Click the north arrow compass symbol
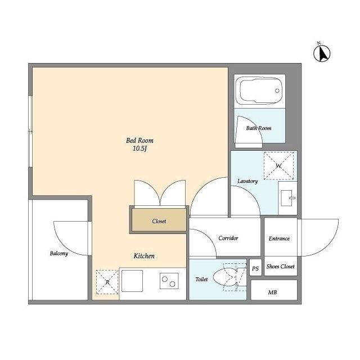click(x=322, y=53)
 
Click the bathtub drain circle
click(x=277, y=91)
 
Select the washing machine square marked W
click(x=279, y=165)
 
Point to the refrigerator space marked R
click(x=107, y=282)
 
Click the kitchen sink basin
click(x=132, y=281)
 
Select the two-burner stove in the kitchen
click(x=169, y=281)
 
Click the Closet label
click(x=159, y=221)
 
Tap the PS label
click(x=255, y=268)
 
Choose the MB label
click(x=272, y=292)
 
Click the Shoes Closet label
click(x=280, y=266)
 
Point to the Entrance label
click(x=279, y=238)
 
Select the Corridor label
click(x=228, y=238)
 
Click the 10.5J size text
click(x=139, y=148)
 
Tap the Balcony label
click(x=59, y=254)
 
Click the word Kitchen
click(x=144, y=256)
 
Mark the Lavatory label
click(x=247, y=181)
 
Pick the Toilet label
click(x=201, y=279)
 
